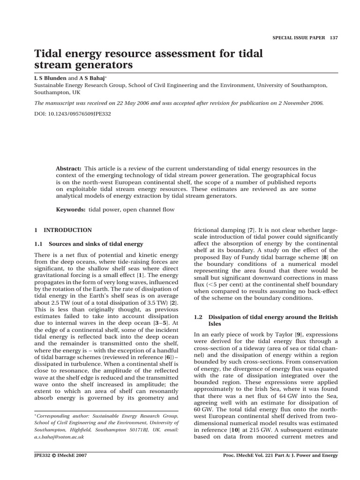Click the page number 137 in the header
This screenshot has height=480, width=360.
tap(333, 37)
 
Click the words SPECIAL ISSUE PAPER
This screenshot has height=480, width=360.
tap(299, 37)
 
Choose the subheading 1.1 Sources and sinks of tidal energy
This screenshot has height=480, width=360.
tap(89, 244)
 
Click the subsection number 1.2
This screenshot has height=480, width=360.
tap(198, 317)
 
